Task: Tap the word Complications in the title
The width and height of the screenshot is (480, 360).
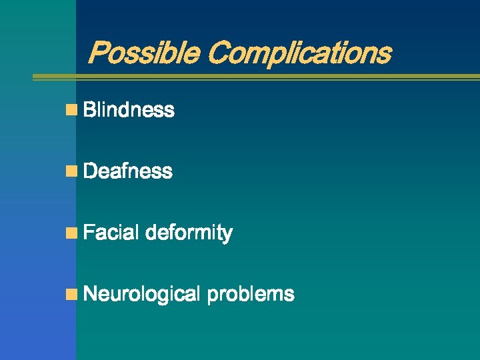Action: point(299,53)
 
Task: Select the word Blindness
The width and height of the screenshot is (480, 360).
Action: point(129,110)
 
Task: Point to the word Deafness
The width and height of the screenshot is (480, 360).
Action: point(129,171)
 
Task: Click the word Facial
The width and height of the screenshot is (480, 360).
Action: point(111,233)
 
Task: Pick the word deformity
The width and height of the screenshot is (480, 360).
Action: point(189,233)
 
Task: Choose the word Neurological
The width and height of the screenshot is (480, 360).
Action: point(143,294)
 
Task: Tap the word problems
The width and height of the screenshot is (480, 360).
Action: point(251,294)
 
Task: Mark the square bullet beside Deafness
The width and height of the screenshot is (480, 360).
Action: point(71,171)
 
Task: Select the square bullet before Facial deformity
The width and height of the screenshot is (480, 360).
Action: point(71,233)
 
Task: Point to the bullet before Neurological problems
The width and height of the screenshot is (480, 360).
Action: point(71,294)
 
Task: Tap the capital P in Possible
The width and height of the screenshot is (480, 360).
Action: point(99,53)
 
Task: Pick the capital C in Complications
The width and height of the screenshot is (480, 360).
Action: point(217,53)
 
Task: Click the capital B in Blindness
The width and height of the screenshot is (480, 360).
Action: point(91,110)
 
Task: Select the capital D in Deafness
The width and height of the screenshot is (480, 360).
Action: point(91,171)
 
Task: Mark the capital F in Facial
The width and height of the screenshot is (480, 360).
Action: point(90,233)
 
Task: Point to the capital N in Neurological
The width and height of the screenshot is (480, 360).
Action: point(91,294)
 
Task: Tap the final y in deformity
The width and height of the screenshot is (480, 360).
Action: point(227,235)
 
